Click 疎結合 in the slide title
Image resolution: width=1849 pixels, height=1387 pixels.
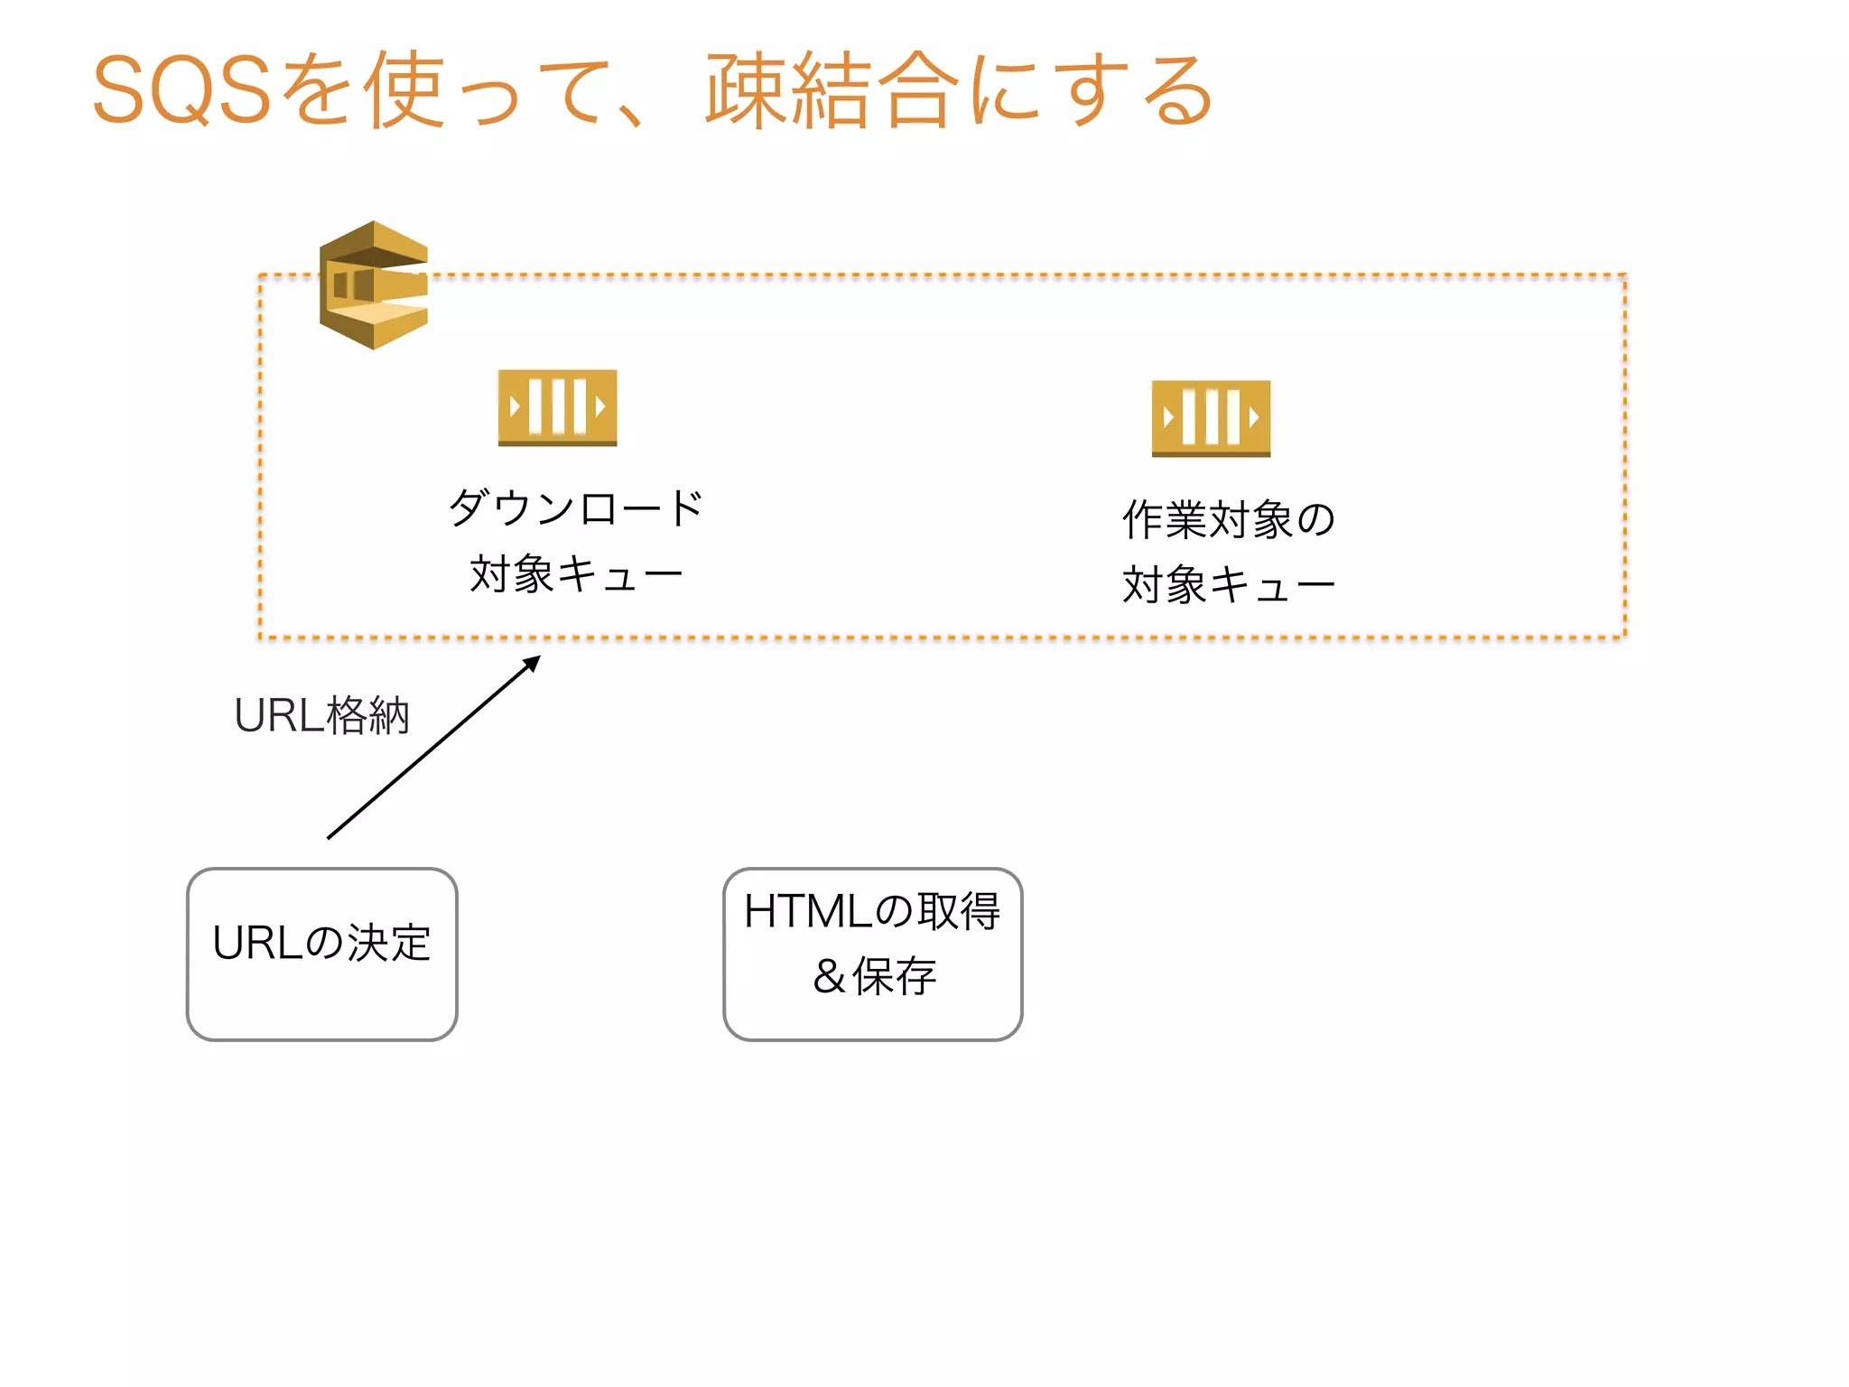pyautogui.click(x=831, y=90)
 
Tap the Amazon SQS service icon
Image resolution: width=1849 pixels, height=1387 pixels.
pyautogui.click(x=374, y=285)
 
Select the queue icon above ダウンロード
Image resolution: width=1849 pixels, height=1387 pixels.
pyautogui.click(x=557, y=407)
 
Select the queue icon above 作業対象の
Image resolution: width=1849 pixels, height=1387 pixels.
pyautogui.click(x=1211, y=418)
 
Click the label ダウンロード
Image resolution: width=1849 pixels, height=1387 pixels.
pyautogui.click(x=575, y=508)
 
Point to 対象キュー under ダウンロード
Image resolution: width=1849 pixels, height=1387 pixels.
pyautogui.click(x=575, y=574)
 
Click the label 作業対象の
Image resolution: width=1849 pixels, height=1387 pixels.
pyautogui.click(x=1228, y=520)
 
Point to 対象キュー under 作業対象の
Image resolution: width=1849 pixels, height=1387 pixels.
pyautogui.click(x=1228, y=585)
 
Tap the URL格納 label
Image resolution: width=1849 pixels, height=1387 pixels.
pyautogui.click(x=321, y=716)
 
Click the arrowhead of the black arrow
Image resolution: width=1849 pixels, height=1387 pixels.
pyautogui.click(x=534, y=662)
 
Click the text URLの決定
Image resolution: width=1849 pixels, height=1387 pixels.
pyautogui.click(x=321, y=943)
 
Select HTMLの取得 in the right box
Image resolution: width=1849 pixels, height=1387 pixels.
pyautogui.click(x=872, y=911)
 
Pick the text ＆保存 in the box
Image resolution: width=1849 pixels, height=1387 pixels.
pyautogui.click(x=874, y=976)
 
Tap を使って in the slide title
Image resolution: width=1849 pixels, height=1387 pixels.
pyautogui.click(x=442, y=90)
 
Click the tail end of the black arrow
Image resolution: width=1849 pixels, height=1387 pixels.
pyautogui.click(x=330, y=837)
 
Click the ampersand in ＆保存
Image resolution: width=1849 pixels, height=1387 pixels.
pyautogui.click(x=829, y=977)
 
